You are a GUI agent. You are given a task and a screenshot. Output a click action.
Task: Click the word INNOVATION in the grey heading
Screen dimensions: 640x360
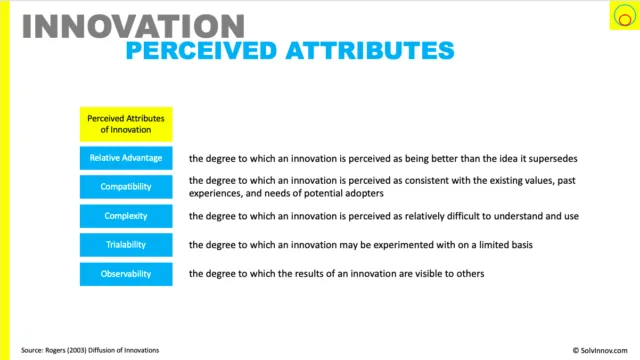point(133,26)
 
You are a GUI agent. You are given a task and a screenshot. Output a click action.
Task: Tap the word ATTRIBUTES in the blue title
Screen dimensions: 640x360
point(370,51)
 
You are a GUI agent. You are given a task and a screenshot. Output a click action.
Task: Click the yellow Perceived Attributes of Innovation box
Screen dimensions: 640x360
point(126,124)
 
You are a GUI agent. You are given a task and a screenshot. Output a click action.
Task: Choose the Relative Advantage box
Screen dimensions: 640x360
point(126,158)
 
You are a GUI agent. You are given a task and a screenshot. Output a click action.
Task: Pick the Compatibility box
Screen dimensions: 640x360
point(126,187)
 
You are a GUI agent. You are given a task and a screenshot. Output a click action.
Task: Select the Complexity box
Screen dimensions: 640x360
point(126,216)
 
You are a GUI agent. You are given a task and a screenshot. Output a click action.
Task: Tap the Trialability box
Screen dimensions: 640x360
point(126,245)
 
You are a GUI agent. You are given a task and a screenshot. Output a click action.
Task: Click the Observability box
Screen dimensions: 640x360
point(126,274)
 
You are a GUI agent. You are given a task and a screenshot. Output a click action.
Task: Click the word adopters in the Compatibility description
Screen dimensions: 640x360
point(365,193)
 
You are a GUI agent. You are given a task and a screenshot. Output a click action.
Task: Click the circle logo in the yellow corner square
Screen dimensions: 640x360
point(625,16)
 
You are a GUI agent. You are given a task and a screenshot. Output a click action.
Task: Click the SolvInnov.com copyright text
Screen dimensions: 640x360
point(600,350)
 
